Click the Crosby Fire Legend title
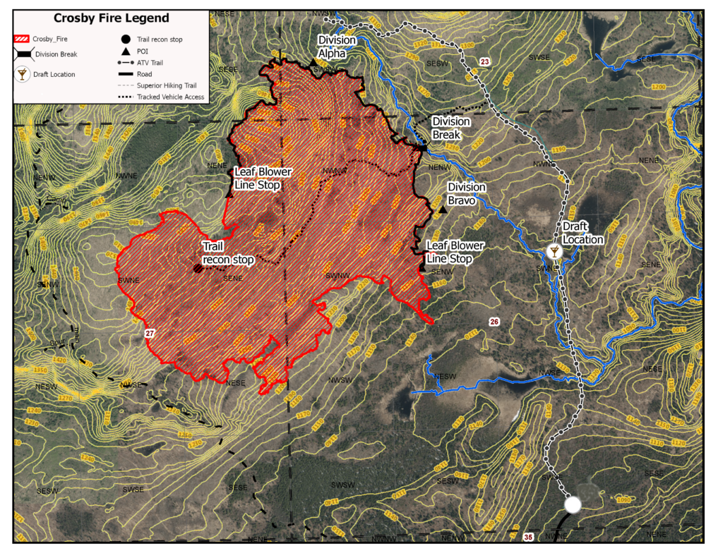pyautogui.click(x=112, y=18)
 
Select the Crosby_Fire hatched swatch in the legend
pyautogui.click(x=23, y=39)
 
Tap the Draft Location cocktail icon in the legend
pyautogui.click(x=23, y=74)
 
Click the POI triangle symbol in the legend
pyautogui.click(x=124, y=51)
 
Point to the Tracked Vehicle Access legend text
pyautogui.click(x=171, y=97)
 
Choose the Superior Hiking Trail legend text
pyautogui.click(x=168, y=85)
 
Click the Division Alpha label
pyautogui.click(x=337, y=46)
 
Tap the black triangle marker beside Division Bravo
pyautogui.click(x=443, y=210)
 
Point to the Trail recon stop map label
pyautogui.click(x=227, y=253)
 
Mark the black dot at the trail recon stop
pyautogui.click(x=198, y=268)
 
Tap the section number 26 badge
pyautogui.click(x=494, y=322)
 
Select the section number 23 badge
pyautogui.click(x=484, y=63)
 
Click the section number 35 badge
pyautogui.click(x=529, y=537)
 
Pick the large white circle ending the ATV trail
pyautogui.click(x=573, y=504)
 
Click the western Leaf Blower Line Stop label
pyautogui.click(x=263, y=178)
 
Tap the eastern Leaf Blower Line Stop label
pyautogui.click(x=455, y=252)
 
